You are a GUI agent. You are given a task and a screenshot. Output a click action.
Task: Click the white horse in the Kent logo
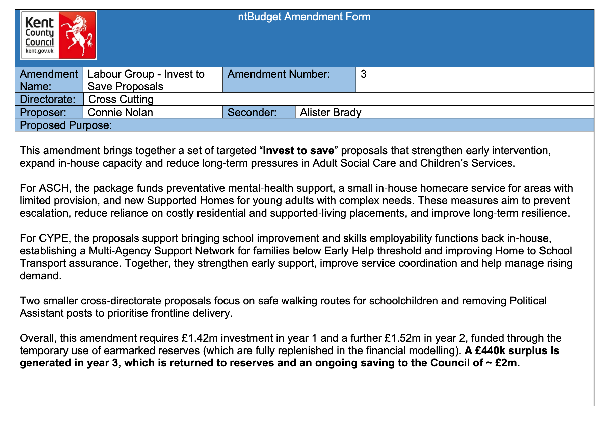(x=77, y=34)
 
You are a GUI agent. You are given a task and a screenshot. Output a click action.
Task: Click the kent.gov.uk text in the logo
(x=39, y=51)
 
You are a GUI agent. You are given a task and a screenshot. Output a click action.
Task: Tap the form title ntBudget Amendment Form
(x=304, y=17)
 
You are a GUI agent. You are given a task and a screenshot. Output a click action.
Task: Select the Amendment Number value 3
(x=363, y=74)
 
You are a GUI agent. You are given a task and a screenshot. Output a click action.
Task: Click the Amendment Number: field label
(x=279, y=74)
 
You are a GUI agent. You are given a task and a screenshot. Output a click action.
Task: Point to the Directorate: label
(x=48, y=99)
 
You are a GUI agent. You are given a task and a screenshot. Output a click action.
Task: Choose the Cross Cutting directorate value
(x=121, y=99)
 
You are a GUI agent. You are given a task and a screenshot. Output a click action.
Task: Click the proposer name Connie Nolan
(x=120, y=112)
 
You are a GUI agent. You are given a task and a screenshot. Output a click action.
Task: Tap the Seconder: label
(x=252, y=112)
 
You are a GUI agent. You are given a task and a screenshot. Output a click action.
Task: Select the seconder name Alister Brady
(x=331, y=112)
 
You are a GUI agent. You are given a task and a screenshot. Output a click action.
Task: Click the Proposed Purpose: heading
(x=66, y=125)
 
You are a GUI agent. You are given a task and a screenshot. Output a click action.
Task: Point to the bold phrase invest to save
(x=298, y=150)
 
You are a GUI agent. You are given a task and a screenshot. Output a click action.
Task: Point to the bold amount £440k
(x=490, y=350)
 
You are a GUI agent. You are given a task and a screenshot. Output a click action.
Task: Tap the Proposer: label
(x=43, y=112)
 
